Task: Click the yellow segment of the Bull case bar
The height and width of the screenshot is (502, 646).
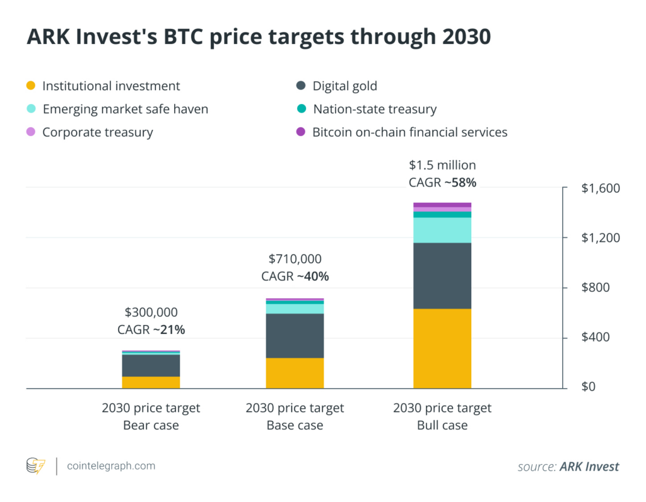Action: click(x=442, y=348)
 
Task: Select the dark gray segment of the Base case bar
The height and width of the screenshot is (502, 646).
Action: click(x=295, y=335)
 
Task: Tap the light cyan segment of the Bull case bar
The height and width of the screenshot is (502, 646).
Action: click(x=442, y=230)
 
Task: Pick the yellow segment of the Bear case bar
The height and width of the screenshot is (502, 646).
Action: click(x=151, y=382)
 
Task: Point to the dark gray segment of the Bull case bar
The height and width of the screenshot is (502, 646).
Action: click(x=442, y=275)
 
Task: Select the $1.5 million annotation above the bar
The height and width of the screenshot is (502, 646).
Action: click(x=442, y=166)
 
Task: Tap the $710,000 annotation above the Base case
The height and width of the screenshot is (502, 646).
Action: click(x=295, y=258)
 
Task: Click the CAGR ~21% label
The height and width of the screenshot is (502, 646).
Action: click(x=151, y=329)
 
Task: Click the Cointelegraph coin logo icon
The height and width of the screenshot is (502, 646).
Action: click(x=35, y=466)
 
